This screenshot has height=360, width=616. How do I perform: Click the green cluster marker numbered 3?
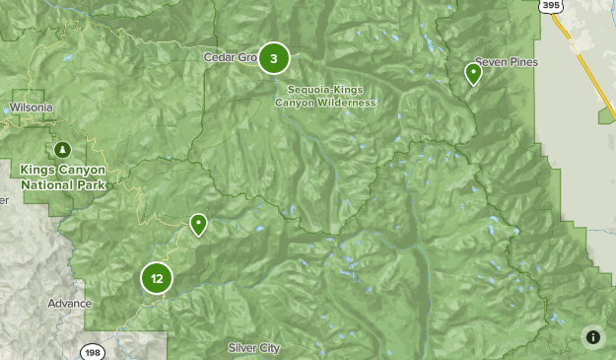274,58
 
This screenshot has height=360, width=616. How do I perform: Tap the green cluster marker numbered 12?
157,278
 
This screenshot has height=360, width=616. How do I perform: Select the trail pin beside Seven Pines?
473,73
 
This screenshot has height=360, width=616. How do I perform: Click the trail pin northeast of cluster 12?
199,225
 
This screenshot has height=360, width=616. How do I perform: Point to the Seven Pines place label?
507,61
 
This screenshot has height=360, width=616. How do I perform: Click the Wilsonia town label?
31,108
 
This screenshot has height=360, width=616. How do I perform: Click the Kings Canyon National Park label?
63,177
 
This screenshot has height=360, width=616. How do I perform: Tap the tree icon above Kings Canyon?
63,150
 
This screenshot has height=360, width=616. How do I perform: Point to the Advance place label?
68,303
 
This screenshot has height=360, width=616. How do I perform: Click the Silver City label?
253,348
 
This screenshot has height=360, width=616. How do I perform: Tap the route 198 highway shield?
93,351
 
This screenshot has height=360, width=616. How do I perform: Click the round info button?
592,337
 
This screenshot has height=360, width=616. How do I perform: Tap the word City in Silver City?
269,348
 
